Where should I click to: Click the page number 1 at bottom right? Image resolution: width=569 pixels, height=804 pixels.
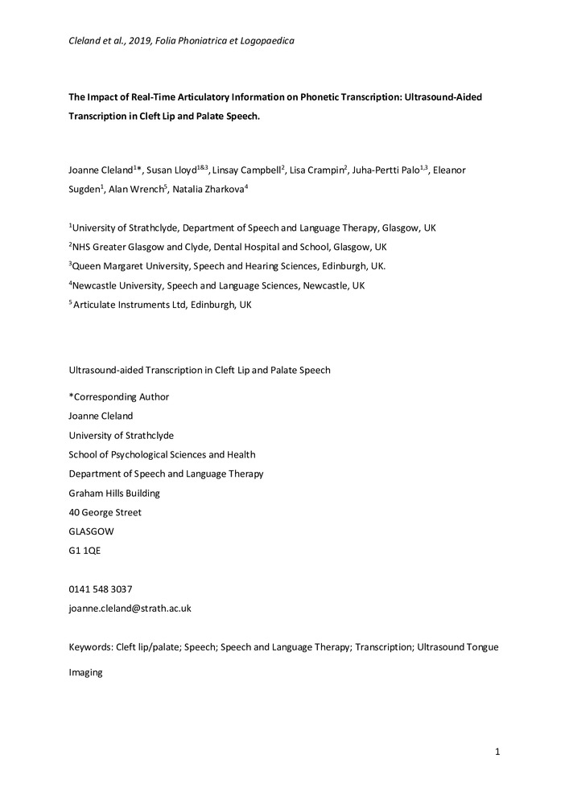click(x=498, y=752)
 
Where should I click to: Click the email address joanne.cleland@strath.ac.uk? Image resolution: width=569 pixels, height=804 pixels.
click(x=130, y=609)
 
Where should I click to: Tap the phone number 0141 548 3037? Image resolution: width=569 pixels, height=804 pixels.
click(x=101, y=589)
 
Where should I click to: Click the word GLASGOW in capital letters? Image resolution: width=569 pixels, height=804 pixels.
click(x=92, y=531)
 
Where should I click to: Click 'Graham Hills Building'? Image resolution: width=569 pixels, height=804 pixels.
click(x=114, y=493)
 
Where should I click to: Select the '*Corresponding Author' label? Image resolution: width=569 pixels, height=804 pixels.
click(x=119, y=396)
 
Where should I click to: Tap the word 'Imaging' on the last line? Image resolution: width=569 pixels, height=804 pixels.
click(x=86, y=672)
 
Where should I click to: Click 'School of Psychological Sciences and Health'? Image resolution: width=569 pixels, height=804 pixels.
click(x=162, y=454)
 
